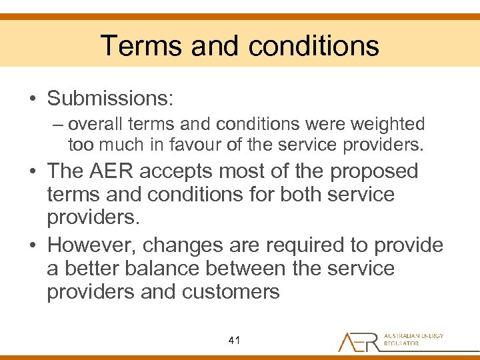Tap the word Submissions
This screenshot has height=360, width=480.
click(x=110, y=99)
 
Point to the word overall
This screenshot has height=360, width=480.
click(x=91, y=125)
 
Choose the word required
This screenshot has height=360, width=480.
click(x=307, y=245)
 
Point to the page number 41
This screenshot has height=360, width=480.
click(x=233, y=341)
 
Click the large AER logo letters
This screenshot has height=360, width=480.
click(x=358, y=341)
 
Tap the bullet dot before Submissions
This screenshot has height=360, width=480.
click(x=31, y=99)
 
